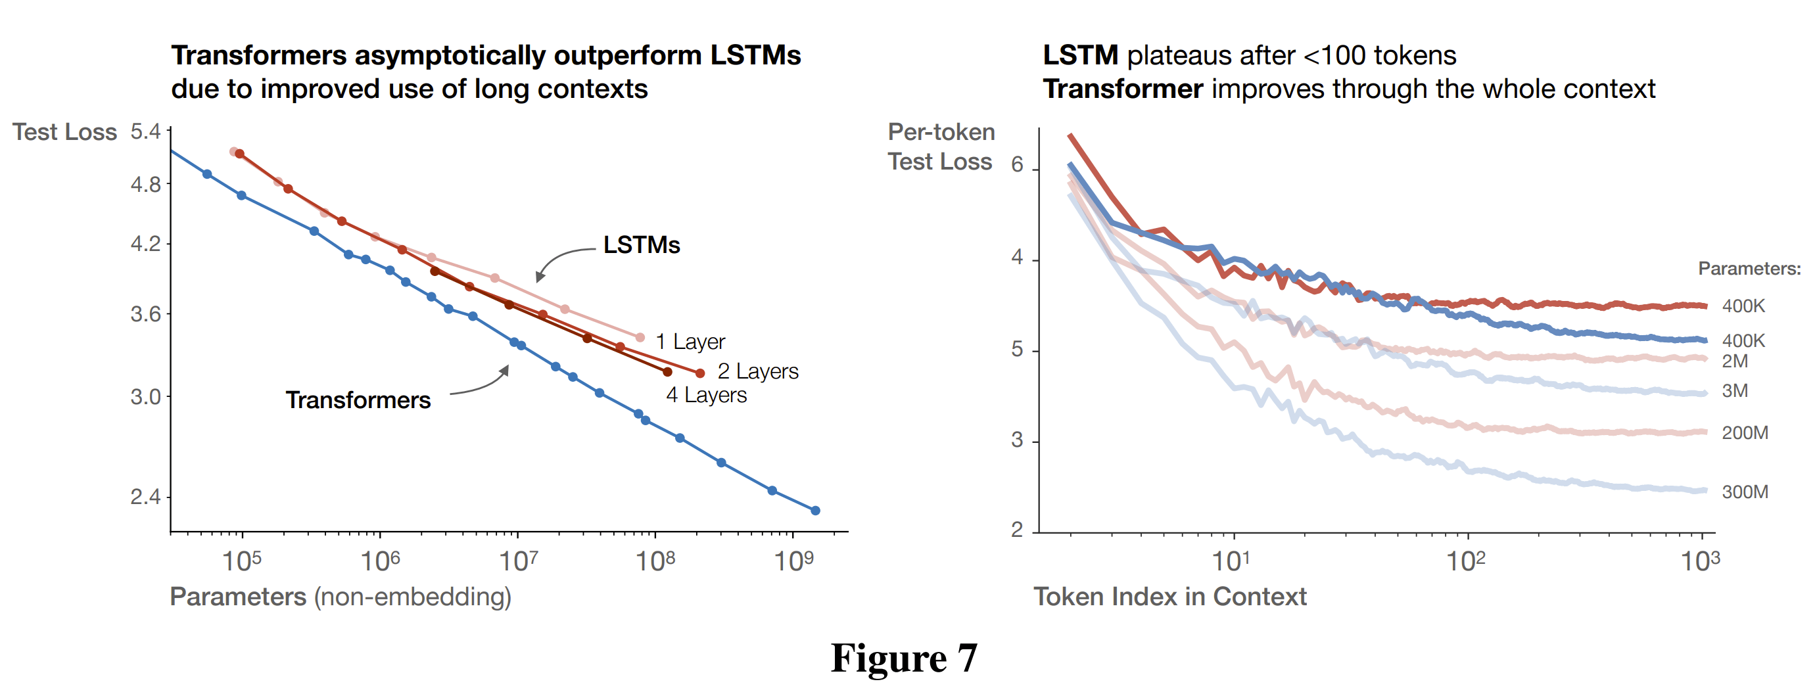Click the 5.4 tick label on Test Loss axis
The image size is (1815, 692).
pos(145,132)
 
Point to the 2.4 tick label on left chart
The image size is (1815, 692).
pos(145,497)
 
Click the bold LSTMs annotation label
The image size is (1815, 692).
pos(641,244)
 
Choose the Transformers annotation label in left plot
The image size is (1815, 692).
pos(358,400)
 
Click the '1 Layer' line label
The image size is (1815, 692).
pos(690,342)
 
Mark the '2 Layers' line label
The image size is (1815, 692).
pos(757,371)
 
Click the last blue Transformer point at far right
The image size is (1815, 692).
pos(815,510)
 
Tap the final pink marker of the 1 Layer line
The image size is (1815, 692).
pos(640,338)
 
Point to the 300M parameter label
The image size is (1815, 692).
pos(1745,492)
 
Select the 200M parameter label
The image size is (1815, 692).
pos(1745,432)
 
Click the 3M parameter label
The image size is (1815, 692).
pos(1735,390)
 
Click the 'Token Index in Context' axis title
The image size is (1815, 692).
pos(1169,597)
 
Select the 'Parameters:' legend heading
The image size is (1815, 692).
pos(1749,269)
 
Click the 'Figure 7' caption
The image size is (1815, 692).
pos(904,658)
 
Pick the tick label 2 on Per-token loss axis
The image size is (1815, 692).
pos(1017,529)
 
